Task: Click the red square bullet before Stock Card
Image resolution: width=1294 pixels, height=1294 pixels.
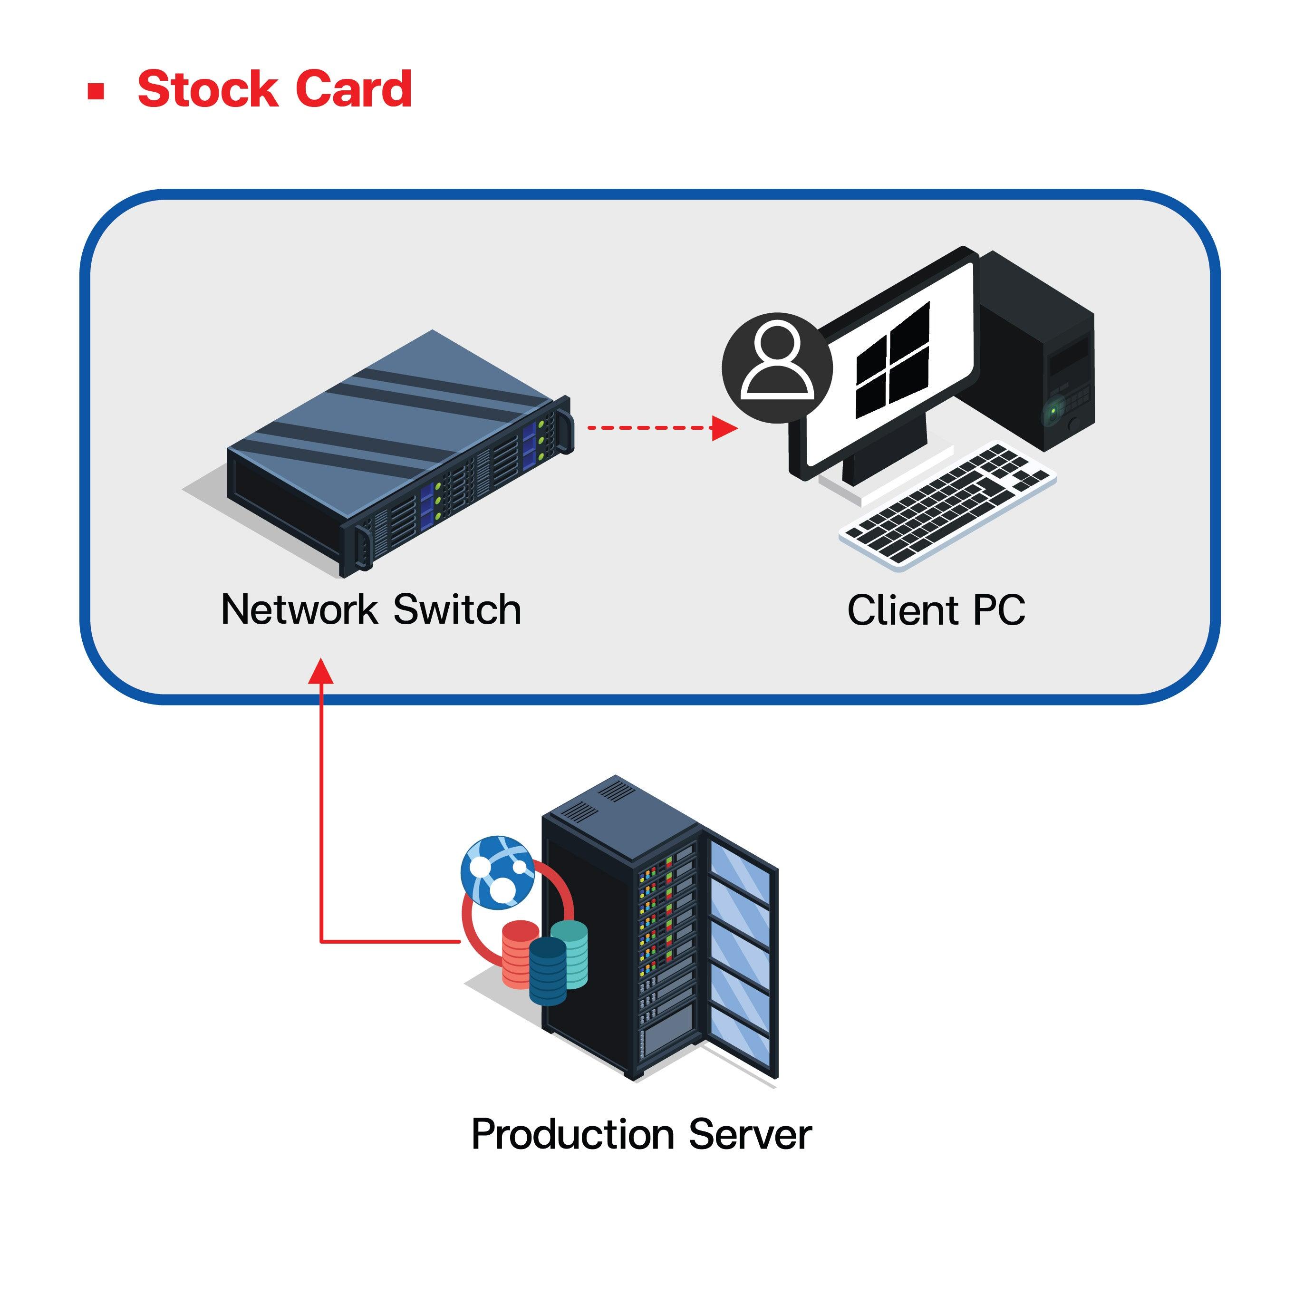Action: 97,91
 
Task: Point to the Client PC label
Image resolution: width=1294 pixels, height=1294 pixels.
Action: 936,610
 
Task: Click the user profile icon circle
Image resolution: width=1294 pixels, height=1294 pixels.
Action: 777,367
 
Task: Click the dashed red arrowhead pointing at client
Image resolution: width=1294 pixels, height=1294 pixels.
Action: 724,427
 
